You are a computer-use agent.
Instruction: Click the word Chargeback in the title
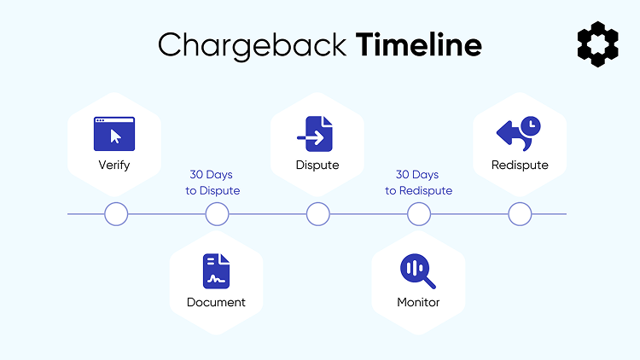point(253,44)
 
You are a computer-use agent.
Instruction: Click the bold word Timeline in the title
point(419,44)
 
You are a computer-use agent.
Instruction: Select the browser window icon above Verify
point(114,134)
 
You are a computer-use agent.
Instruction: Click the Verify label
point(114,165)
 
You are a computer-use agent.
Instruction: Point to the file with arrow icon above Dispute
point(317,134)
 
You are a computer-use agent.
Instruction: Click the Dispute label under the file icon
point(317,165)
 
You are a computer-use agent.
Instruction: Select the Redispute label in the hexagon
point(520,165)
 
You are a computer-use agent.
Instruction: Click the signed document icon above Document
point(216,270)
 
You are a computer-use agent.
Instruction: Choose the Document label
point(216,302)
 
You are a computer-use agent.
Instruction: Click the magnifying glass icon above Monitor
point(418,271)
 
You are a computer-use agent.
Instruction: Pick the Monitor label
point(418,302)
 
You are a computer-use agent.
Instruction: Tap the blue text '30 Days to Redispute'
point(418,183)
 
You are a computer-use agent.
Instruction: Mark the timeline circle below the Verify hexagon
point(115,214)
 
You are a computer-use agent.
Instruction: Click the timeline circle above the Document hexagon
point(217,214)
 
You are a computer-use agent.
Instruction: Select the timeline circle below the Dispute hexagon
point(317,214)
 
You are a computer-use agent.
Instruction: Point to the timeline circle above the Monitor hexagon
point(418,214)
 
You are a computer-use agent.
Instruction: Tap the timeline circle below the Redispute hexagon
point(520,214)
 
